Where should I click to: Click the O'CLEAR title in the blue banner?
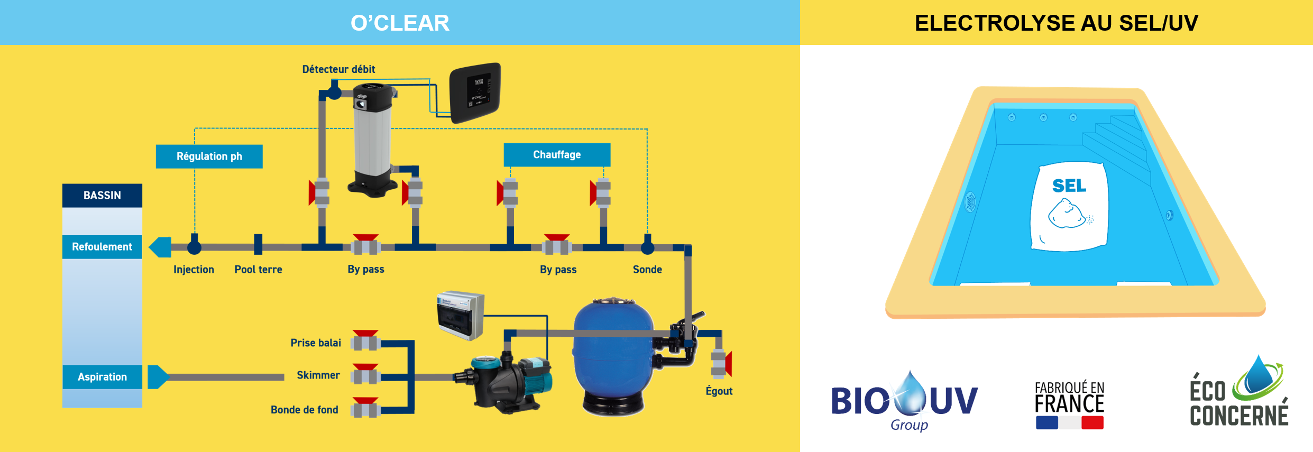400,23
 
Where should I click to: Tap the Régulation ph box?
209,156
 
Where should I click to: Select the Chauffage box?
557,154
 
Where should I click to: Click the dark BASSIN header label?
102,195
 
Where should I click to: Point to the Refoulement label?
102,247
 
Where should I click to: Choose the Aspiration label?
102,377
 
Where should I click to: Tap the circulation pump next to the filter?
508,381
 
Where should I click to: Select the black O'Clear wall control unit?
475,92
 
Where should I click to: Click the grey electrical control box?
460,315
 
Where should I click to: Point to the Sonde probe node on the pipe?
647,246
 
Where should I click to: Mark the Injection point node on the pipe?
195,246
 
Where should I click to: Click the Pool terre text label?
258,270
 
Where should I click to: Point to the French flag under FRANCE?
1069,423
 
